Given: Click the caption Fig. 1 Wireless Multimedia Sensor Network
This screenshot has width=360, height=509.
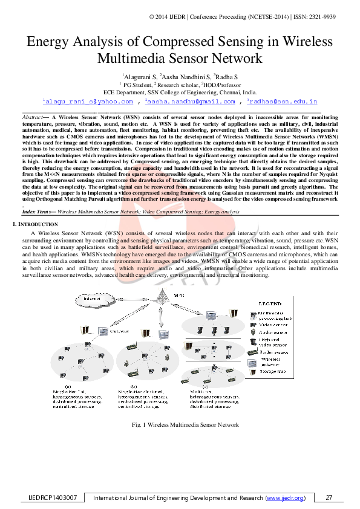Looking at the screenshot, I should pyautogui.click(x=185, y=424).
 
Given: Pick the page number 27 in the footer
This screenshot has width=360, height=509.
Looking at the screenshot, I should pyautogui.click(x=329, y=498).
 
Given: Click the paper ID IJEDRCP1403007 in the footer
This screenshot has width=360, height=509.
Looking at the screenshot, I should pyautogui.click(x=53, y=498).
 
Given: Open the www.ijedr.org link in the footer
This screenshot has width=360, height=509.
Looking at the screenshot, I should pyautogui.click(x=284, y=498).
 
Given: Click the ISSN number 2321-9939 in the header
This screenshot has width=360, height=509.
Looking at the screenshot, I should pyautogui.click(x=339, y=17).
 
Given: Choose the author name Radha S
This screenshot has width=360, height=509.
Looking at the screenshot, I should pyautogui.click(x=227, y=78).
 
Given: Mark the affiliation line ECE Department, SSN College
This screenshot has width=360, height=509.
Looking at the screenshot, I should pyautogui.click(x=180, y=93).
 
